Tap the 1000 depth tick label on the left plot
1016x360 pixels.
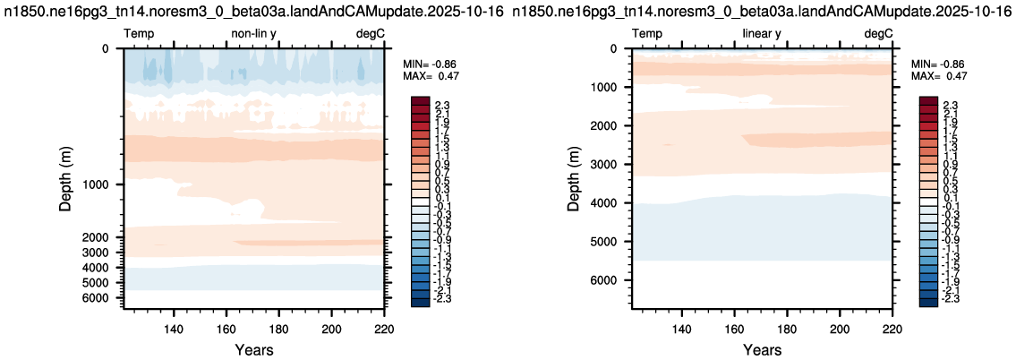coord(98,184)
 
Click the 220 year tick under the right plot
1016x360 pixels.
coord(892,328)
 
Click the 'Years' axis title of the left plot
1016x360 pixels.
coord(253,350)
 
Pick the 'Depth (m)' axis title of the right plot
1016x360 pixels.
coord(574,176)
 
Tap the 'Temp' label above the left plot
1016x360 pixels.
coord(140,34)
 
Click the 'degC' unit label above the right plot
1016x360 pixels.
coord(879,34)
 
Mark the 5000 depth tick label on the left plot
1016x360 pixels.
coord(98,282)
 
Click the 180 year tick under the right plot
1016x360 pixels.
coord(787,328)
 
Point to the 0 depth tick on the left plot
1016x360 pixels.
coord(107,48)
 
